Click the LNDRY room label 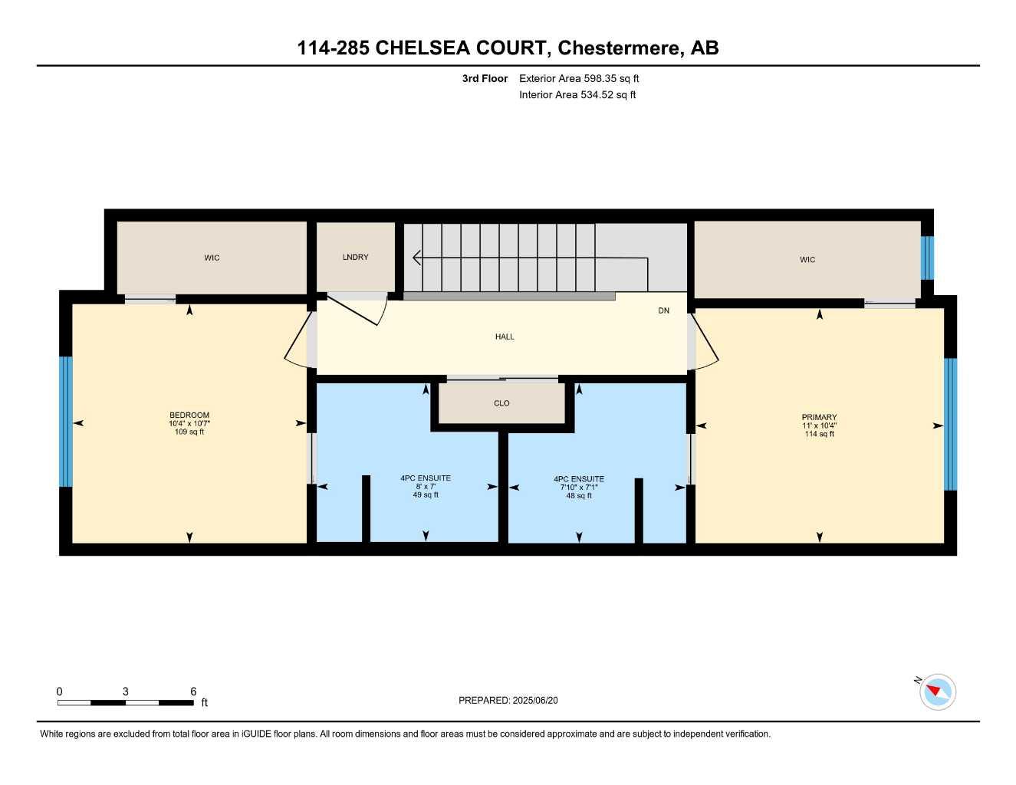click(x=355, y=258)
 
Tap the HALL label click(x=505, y=337)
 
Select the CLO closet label click(x=501, y=403)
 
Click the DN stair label click(x=663, y=310)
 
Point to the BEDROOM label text click(x=189, y=415)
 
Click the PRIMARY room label click(x=819, y=418)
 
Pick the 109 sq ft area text click(x=189, y=432)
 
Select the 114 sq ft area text click(x=819, y=435)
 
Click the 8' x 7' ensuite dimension click(x=426, y=487)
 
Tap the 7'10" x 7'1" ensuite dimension click(x=579, y=488)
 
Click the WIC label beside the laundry click(x=212, y=258)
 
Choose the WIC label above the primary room click(x=807, y=260)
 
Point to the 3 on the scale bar click(x=126, y=691)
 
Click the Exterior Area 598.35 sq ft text click(x=579, y=78)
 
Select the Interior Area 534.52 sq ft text click(x=577, y=95)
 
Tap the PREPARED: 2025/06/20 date click(x=508, y=701)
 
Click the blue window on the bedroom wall click(x=66, y=422)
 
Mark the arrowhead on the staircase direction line click(x=416, y=258)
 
